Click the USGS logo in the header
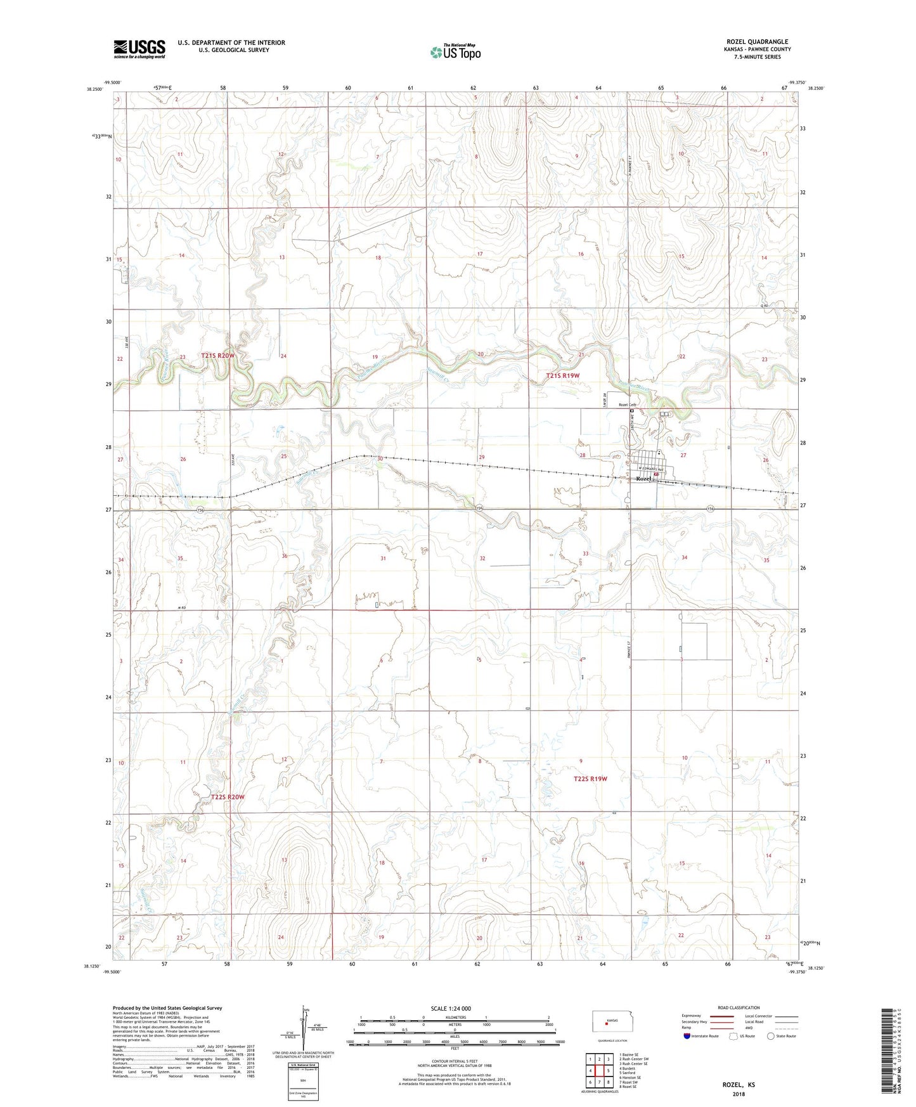click(139, 49)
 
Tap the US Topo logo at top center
click(455, 52)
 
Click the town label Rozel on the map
click(643, 479)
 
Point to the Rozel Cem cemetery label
click(627, 405)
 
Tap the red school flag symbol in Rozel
click(656, 474)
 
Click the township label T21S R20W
click(217, 356)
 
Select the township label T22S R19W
click(590, 779)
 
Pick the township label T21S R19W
click(563, 376)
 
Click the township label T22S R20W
click(227, 797)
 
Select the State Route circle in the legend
click(770, 1036)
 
